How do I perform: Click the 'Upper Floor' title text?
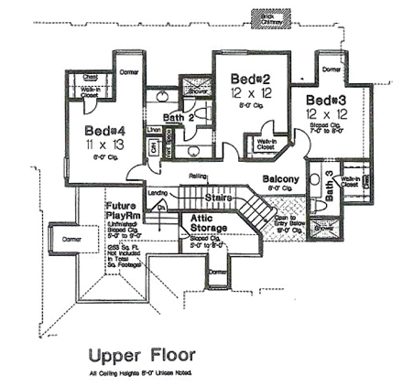142,354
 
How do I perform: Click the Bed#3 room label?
326,100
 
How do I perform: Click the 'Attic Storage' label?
208,223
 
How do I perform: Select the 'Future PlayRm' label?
120,211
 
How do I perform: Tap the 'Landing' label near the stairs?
157,193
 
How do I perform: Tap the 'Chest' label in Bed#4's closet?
89,80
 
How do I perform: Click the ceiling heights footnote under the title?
142,373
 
